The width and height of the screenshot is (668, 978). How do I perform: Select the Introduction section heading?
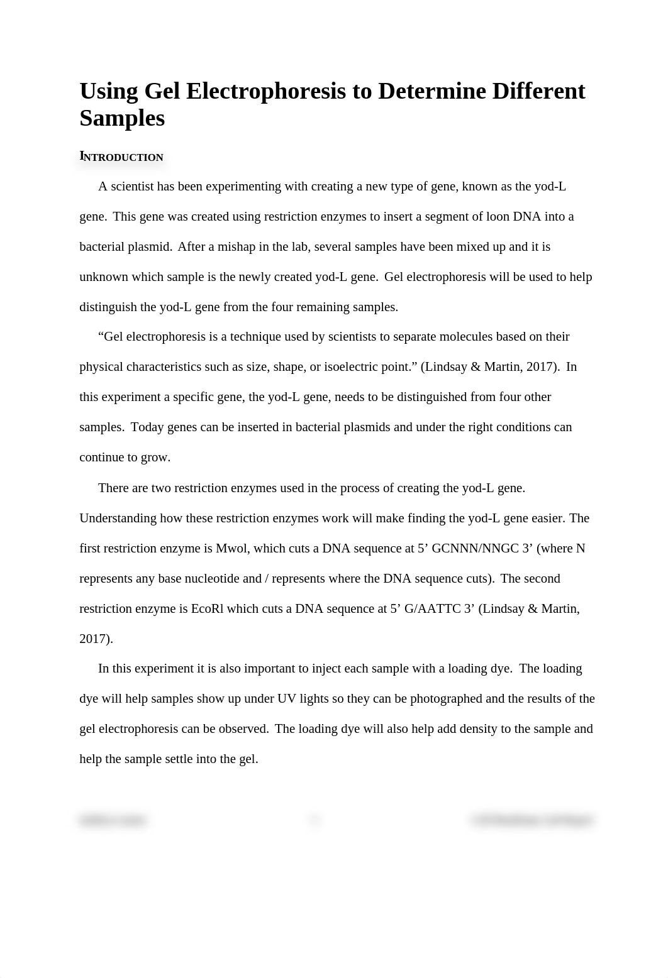coord(121,157)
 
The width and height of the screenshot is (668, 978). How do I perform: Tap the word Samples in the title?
coord(122,118)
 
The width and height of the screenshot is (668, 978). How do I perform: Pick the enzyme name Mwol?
coord(231,548)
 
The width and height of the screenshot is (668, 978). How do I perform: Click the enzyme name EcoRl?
coord(207,608)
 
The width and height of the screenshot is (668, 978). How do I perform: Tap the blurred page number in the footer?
coord(315,820)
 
